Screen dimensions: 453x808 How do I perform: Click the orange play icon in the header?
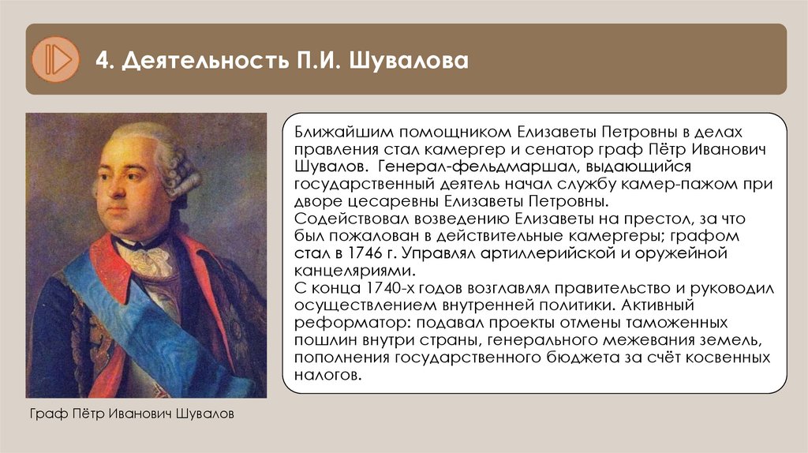tap(55, 59)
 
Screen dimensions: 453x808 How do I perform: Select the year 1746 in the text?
tap(380, 254)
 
